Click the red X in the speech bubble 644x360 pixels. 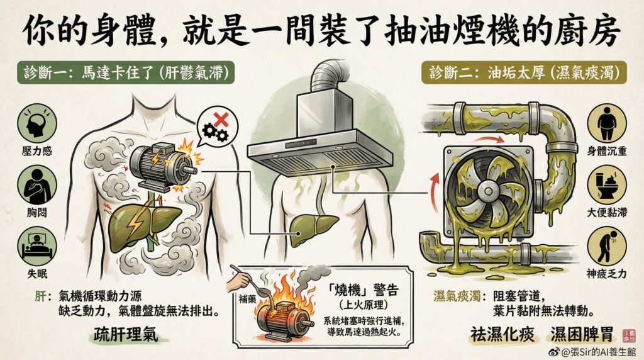pyautogui.click(x=221, y=120)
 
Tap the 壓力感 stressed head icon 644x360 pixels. pyautogui.click(x=37, y=123)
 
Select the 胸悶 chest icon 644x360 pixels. pyautogui.click(x=37, y=185)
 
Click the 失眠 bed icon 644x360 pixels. pyautogui.click(x=37, y=245)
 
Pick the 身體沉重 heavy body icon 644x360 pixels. pyautogui.click(x=607, y=123)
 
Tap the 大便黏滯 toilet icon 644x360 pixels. pyautogui.click(x=607, y=185)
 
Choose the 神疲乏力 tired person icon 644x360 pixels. pyautogui.click(x=607, y=247)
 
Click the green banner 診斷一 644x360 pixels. pyautogui.click(x=126, y=73)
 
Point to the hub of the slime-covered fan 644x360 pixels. pyautogui.click(x=488, y=191)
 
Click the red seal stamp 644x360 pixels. pyautogui.click(x=628, y=335)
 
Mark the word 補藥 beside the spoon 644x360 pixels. pyautogui.click(x=248, y=299)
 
